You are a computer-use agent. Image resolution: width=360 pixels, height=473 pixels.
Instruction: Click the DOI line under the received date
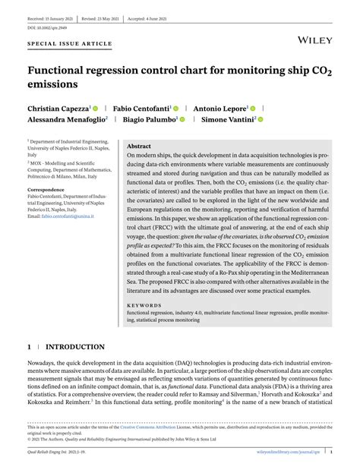coord(44,27)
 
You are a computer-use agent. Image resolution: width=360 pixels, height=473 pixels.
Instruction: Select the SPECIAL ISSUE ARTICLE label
coord(68,45)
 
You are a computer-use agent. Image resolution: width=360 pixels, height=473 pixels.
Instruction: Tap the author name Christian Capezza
coord(58,109)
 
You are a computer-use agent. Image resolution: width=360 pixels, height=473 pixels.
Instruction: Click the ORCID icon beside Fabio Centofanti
coord(175,109)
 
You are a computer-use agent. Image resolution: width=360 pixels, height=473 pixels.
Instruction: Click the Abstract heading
coord(139,146)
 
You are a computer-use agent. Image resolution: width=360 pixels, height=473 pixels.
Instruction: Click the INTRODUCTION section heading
coord(75,347)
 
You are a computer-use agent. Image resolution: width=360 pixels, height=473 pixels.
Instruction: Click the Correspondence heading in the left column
coord(46,189)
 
